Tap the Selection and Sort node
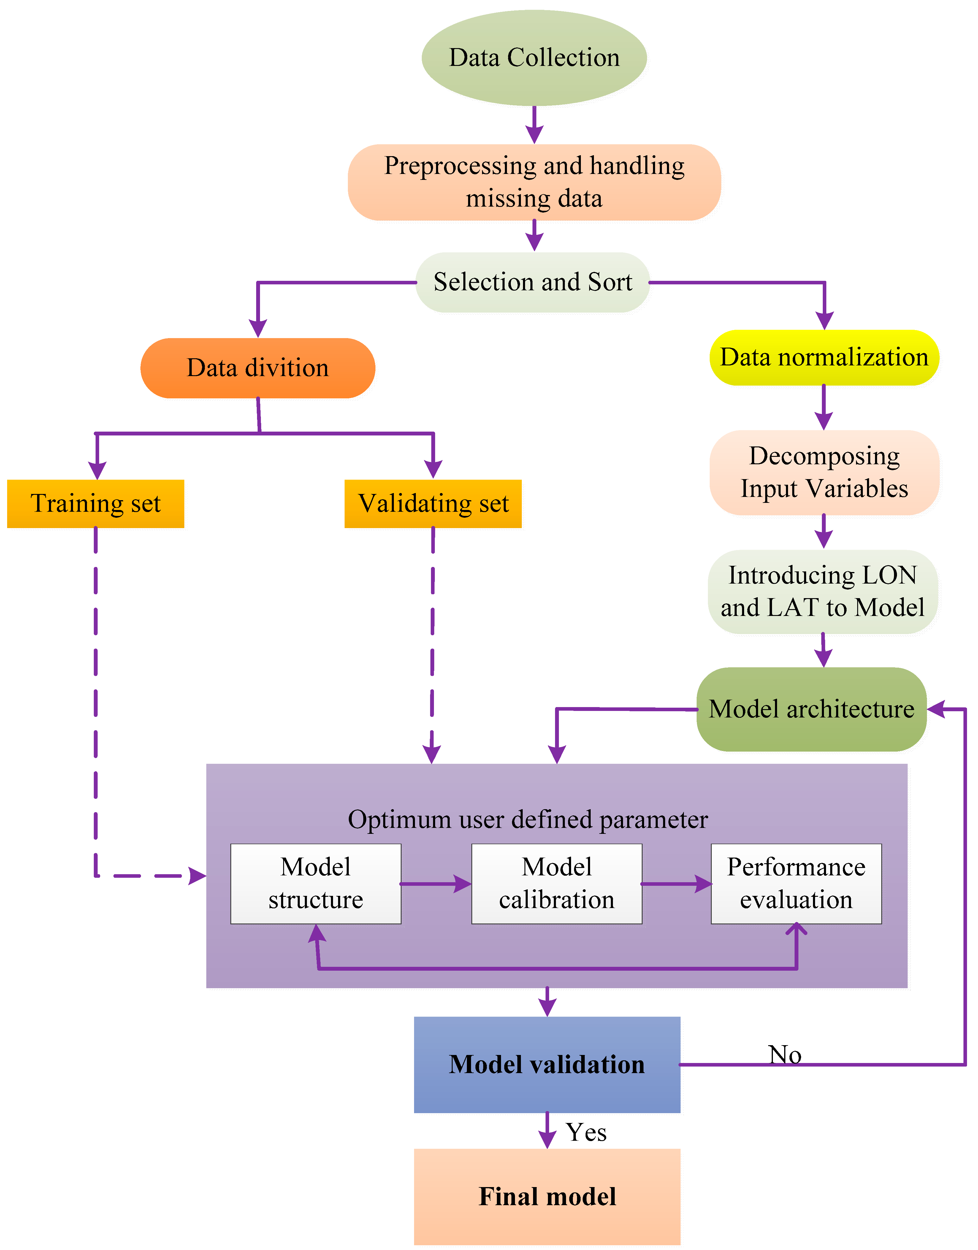532,282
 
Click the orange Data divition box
258,368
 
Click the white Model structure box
316,883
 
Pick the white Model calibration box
557,883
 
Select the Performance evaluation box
796,883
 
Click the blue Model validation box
547,1064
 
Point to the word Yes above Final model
586,1132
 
